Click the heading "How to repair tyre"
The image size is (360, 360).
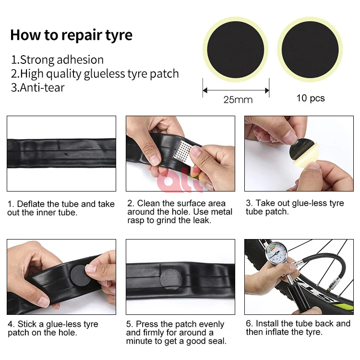[72, 35]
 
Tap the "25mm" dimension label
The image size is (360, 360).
[238, 100]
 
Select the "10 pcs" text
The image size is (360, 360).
[311, 98]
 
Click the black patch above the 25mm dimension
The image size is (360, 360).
[235, 50]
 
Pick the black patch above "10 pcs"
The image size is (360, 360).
[310, 50]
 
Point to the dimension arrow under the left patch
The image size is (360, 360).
[236, 90]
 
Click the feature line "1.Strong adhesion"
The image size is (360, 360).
[58, 60]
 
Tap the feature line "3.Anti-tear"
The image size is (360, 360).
[38, 88]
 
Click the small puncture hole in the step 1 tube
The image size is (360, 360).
[66, 154]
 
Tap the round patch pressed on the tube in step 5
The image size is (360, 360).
[171, 279]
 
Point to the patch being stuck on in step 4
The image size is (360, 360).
[79, 276]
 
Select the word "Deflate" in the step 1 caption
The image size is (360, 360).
[31, 204]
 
